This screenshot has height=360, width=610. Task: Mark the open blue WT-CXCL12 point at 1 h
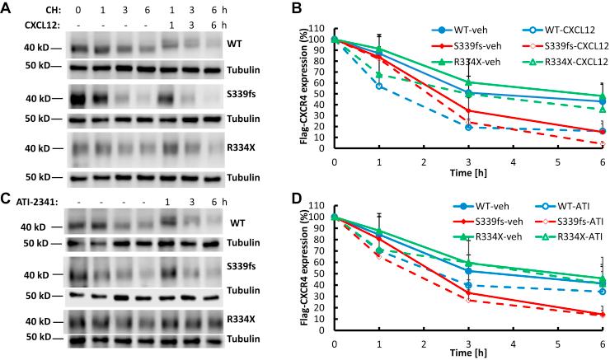(x=379, y=86)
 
